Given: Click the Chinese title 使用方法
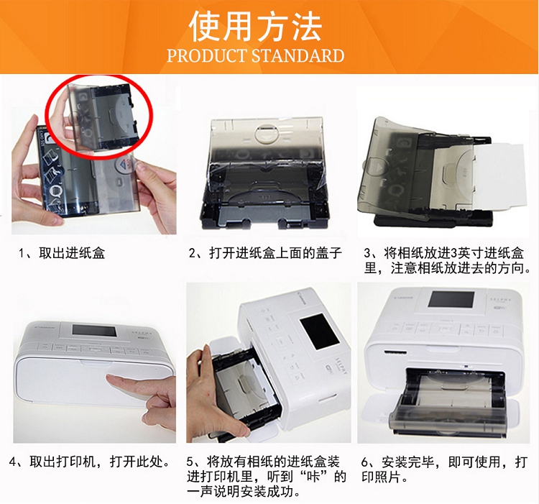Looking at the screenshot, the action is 255,27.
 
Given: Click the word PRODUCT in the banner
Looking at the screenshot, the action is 207,55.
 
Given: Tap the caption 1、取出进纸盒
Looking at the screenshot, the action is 62,253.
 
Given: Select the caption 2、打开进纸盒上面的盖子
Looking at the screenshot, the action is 265,253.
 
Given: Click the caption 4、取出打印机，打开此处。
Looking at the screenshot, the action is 90,462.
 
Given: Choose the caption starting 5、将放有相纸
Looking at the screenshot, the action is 267,477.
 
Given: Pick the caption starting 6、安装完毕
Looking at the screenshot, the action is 444,469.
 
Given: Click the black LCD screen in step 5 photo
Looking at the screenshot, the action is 319,331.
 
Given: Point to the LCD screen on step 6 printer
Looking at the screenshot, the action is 451,299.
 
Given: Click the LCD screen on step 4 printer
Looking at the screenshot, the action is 95,331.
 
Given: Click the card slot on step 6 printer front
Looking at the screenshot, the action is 395,353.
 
